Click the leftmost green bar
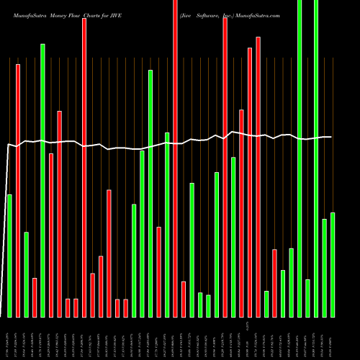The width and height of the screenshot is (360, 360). point(9,256)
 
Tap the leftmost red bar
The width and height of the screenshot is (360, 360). point(18,191)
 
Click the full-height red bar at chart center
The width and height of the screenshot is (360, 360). point(175,158)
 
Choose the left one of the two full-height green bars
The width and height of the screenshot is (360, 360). point(300,158)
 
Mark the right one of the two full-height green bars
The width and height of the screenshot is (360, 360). point(316,158)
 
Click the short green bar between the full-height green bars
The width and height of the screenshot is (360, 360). point(307,298)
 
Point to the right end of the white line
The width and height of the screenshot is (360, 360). point(331,137)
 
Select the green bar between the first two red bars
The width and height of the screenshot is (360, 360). point(26,274)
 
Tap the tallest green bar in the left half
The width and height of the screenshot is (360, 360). point(42,180)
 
